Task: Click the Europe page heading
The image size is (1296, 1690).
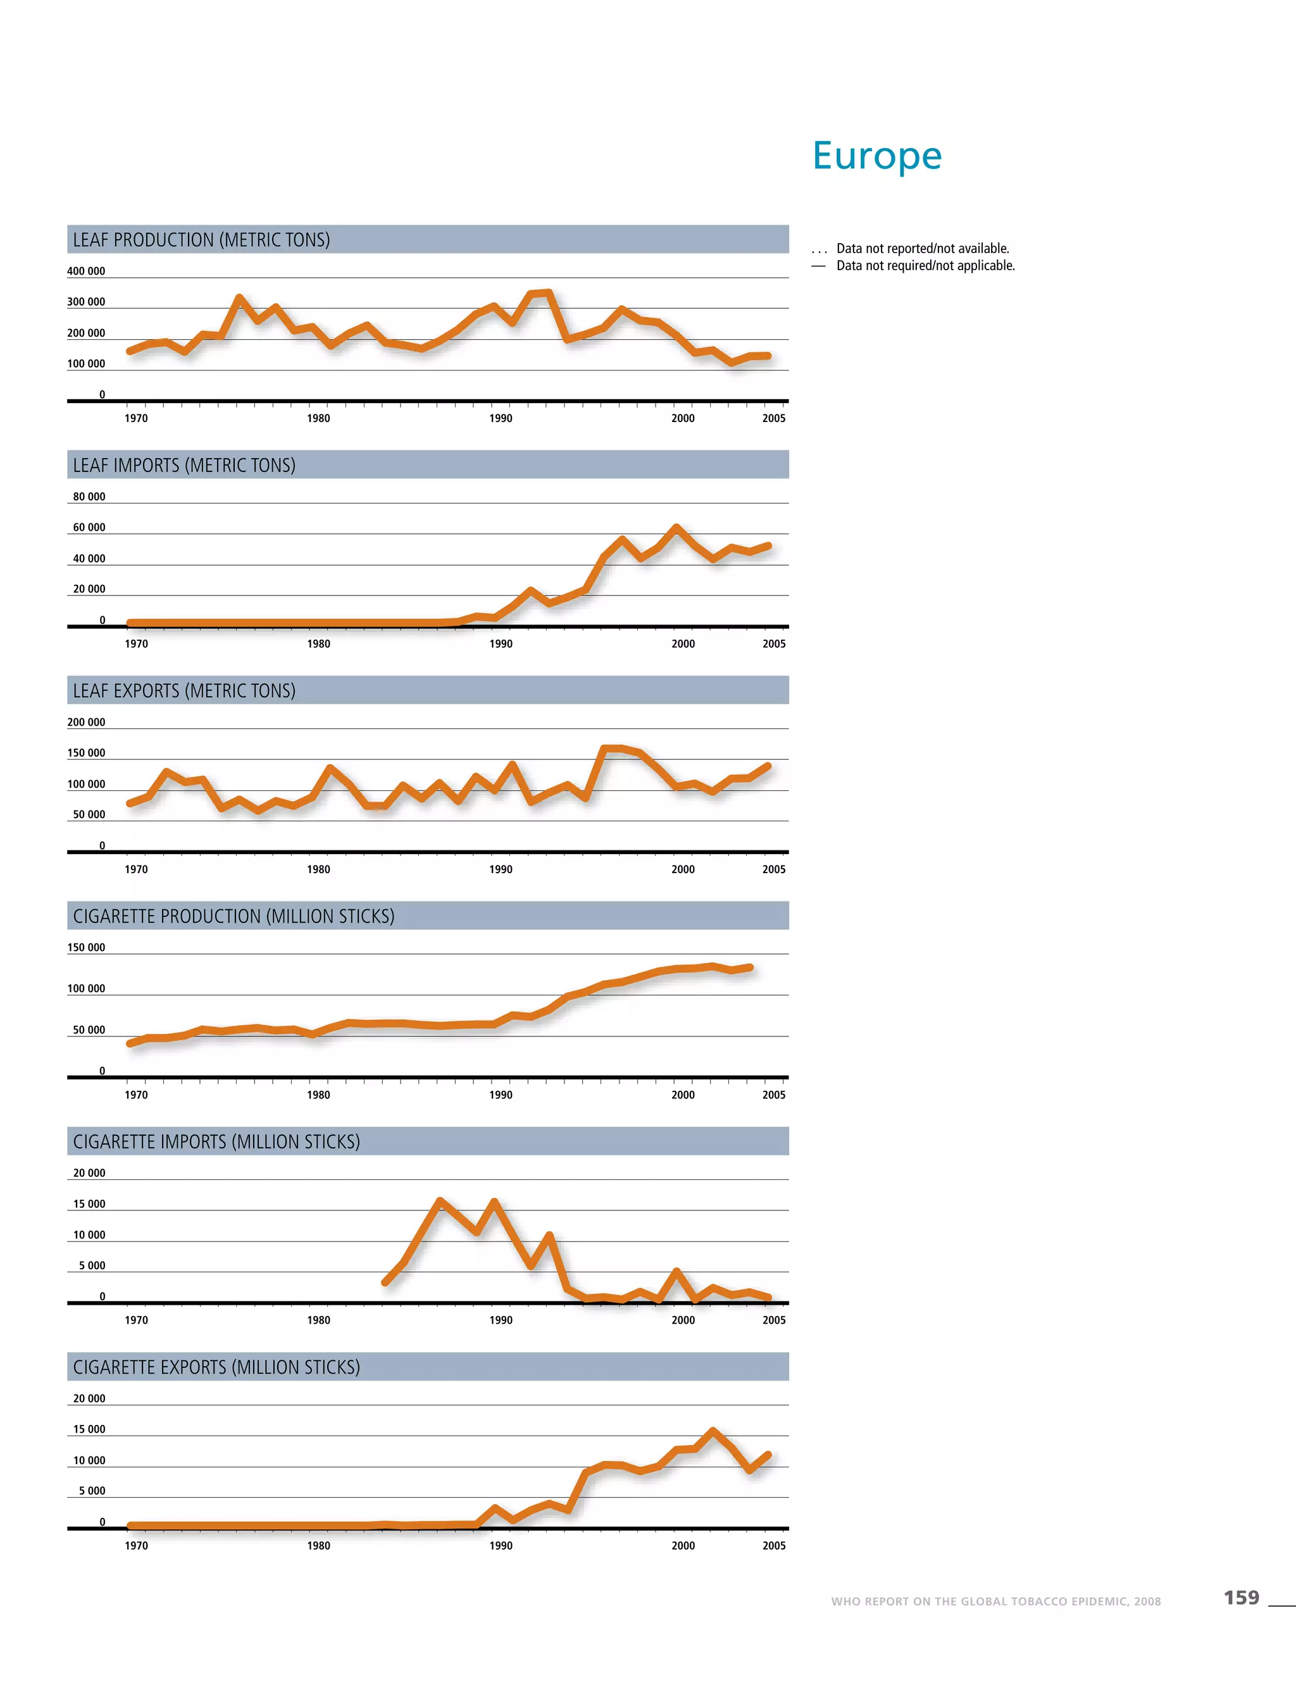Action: [x=877, y=156]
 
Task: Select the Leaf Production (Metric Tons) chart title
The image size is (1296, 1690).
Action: [x=201, y=240]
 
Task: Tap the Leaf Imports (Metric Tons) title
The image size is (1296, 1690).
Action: [x=184, y=465]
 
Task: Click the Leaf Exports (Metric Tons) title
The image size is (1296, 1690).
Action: [x=184, y=690]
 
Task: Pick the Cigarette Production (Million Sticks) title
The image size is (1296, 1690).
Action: [x=234, y=916]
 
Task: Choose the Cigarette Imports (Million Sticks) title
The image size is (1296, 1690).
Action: [x=217, y=1141]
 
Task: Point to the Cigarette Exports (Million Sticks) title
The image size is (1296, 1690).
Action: [x=217, y=1367]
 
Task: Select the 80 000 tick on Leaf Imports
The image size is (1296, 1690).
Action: [x=89, y=497]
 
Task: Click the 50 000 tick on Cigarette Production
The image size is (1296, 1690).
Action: [x=89, y=1029]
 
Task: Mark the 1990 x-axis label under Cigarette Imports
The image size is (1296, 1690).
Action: [x=501, y=1320]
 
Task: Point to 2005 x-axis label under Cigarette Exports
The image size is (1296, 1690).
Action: [x=774, y=1545]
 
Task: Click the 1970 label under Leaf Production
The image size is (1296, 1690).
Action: [x=137, y=418]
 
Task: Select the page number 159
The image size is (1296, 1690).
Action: [x=1241, y=1598]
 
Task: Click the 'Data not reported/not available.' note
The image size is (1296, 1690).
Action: [x=923, y=249]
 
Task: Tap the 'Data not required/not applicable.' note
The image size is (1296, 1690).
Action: [x=926, y=265]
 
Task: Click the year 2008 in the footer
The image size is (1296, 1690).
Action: [x=1147, y=1601]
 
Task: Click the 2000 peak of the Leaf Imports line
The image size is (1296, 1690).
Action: [x=676, y=528]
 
